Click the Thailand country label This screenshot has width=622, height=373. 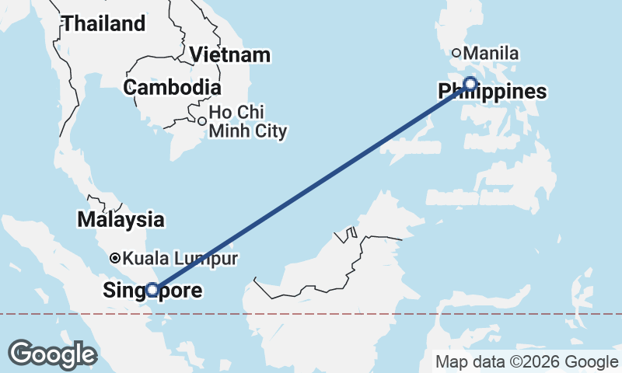[103, 23]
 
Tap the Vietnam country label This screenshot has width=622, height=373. [230, 54]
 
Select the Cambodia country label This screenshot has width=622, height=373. [172, 87]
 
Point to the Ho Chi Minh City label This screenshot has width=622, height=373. [248, 121]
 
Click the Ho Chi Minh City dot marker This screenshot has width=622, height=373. [202, 121]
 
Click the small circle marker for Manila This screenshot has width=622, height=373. [457, 54]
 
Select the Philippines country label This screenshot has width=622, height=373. [492, 92]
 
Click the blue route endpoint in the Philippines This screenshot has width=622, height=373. [470, 84]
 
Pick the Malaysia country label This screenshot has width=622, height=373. [121, 219]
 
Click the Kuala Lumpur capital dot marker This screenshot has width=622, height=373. [115, 258]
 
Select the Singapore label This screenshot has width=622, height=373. [152, 291]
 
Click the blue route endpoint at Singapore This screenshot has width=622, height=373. [153, 290]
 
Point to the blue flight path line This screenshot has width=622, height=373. [311, 186]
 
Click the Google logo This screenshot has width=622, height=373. [52, 354]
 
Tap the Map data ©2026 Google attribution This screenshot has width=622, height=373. [526, 361]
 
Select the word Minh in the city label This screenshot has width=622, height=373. [232, 131]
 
